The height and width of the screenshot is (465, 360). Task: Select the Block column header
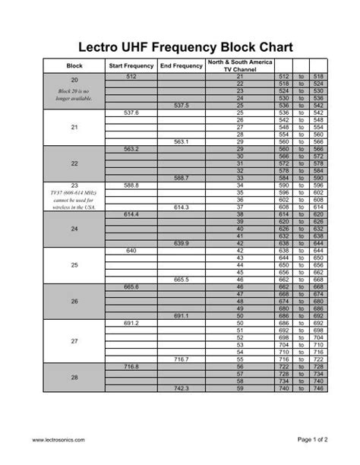74,66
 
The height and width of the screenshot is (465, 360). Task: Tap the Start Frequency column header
131,66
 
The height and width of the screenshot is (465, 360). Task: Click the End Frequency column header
182,66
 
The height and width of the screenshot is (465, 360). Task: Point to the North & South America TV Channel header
239,66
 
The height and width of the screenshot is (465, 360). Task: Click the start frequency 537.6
131,112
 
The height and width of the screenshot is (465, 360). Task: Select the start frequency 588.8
131,185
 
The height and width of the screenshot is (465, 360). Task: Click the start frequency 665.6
131,286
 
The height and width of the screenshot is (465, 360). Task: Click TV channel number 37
239,207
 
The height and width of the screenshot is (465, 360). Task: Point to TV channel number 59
239,388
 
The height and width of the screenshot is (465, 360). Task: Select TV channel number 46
239,286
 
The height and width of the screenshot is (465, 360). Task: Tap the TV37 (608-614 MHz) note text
74,199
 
